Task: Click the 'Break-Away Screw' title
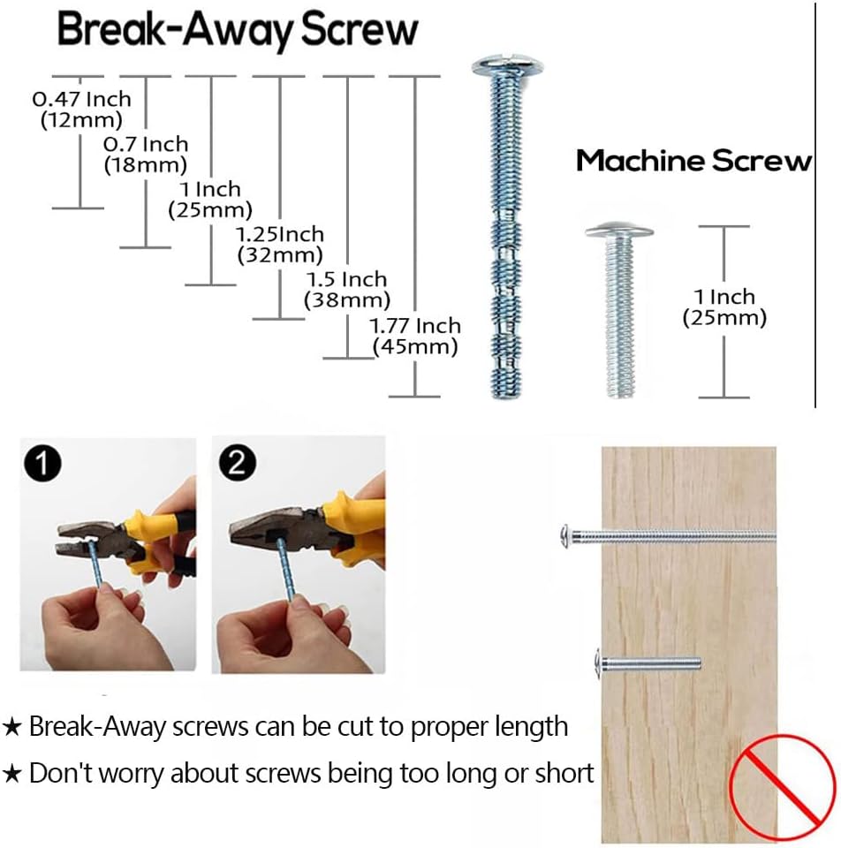pos(238,30)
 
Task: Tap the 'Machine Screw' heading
pos(693,161)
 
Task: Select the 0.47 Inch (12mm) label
pos(81,110)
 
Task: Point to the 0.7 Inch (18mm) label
pos(146,155)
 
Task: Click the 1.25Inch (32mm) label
pos(280,245)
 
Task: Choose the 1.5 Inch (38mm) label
pos(347,290)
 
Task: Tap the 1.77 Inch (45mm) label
pos(415,336)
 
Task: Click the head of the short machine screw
pos(619,231)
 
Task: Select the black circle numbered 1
pos(42,464)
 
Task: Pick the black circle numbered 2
pos(238,462)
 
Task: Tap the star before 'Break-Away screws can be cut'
pos(11,727)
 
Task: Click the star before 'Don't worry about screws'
pos(11,775)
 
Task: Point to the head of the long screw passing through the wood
pos(565,537)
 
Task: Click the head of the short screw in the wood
pos(598,663)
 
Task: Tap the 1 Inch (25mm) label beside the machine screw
pos(724,307)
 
